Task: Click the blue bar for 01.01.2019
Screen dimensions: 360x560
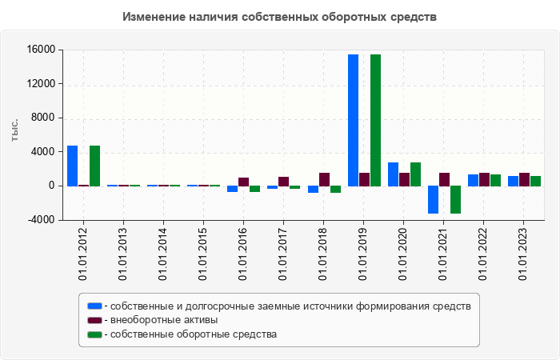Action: point(353,120)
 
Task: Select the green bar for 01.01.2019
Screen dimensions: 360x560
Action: point(375,120)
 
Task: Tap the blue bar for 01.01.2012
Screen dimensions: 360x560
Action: point(72,166)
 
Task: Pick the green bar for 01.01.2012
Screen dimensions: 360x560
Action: point(94,166)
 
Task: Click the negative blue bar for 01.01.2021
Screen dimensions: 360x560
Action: point(433,199)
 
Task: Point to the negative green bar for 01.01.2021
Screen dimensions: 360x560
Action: point(455,199)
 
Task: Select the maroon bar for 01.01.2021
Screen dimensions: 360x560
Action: point(444,179)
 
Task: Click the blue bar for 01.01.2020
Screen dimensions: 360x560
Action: point(393,174)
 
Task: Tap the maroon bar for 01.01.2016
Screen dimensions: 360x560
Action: point(243,182)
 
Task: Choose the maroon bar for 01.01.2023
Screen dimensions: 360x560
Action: point(524,179)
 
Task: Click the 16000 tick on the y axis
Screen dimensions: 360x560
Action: point(41,50)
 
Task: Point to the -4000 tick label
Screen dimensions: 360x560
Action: point(41,220)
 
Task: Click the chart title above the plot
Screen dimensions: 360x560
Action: point(280,17)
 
